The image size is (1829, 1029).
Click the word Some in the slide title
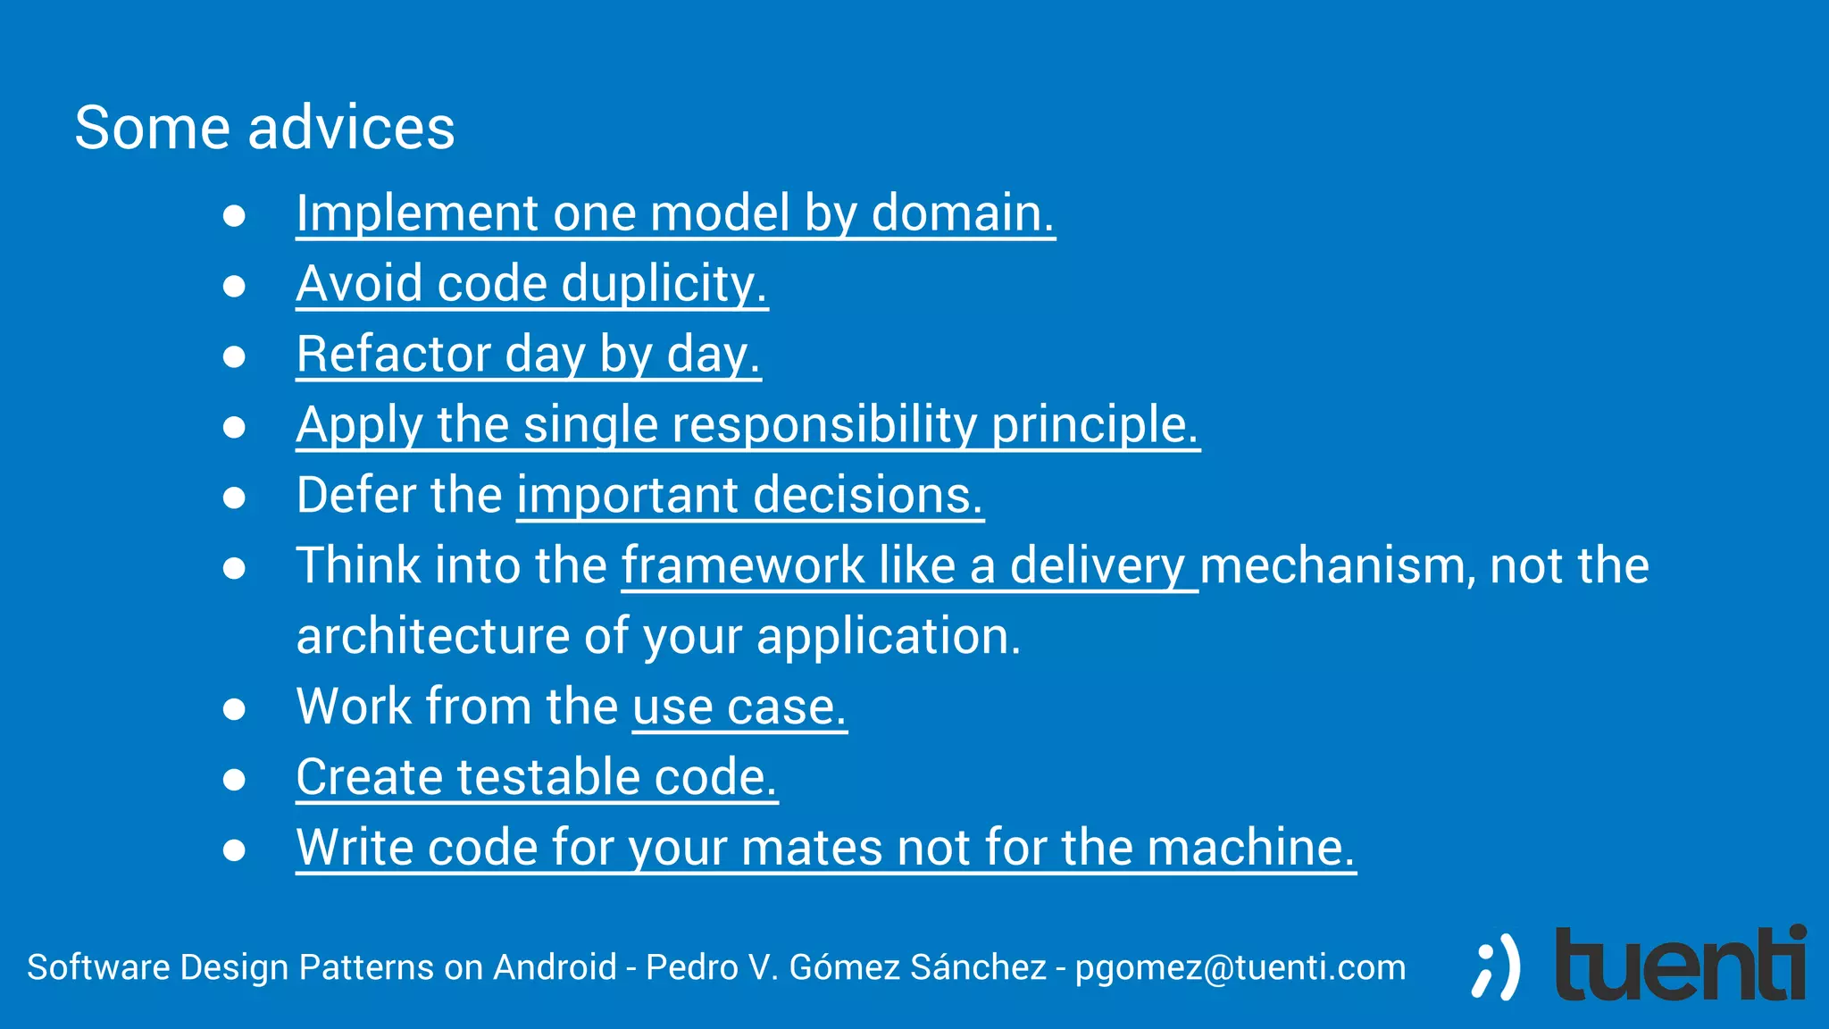tap(152, 128)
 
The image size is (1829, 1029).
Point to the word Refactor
tap(393, 355)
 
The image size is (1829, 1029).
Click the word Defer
tap(351, 495)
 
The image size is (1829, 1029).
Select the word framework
tap(742, 565)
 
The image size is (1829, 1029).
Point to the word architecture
tap(432, 636)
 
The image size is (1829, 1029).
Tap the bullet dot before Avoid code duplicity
tap(234, 286)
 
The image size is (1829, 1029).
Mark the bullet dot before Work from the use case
tap(234, 709)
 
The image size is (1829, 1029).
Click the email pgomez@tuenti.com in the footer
tap(1240, 967)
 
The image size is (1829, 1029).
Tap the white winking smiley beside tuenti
tap(1495, 967)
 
